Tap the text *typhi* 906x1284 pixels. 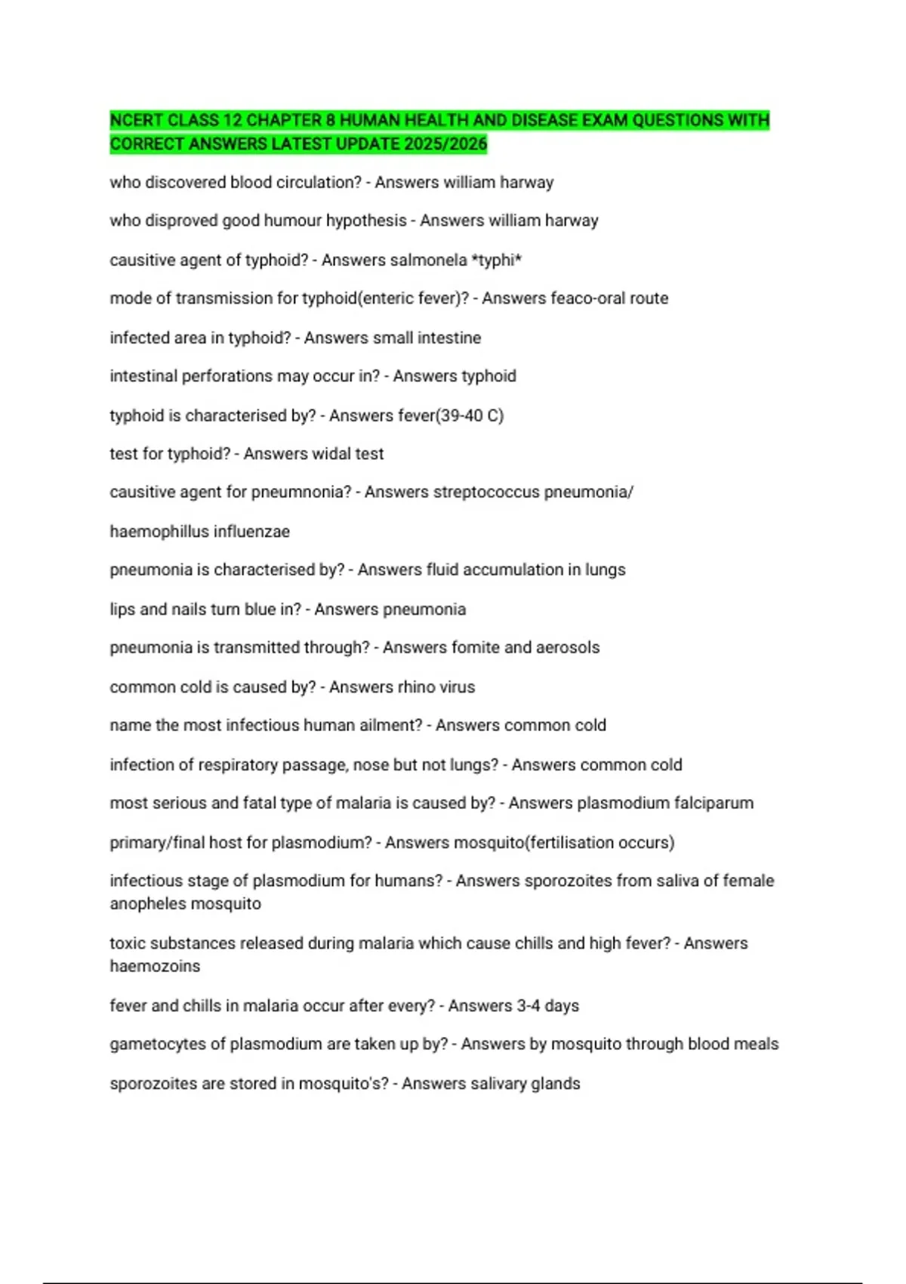click(x=497, y=260)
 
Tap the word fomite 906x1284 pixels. click(x=475, y=647)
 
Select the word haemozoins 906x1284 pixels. click(x=155, y=966)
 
